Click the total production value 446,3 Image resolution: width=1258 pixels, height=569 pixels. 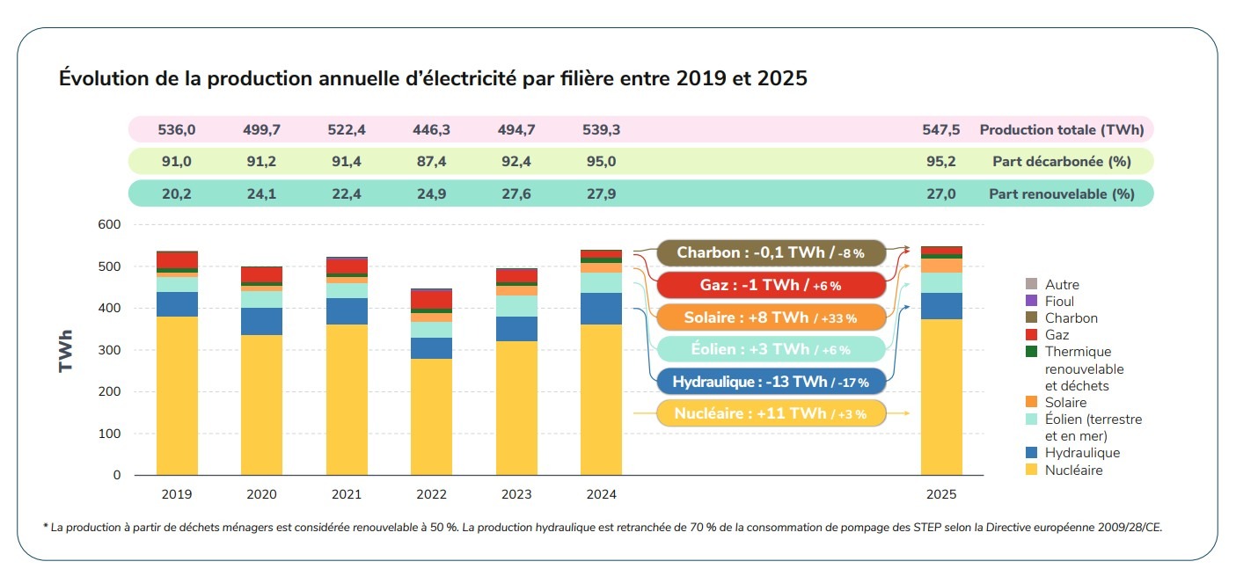coord(431,130)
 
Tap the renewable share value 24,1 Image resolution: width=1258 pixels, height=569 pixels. coord(261,193)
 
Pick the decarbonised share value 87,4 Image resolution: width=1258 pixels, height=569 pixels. coord(431,162)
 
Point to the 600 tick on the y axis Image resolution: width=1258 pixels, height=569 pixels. coord(109,224)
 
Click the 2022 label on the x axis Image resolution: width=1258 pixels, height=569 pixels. coord(431,494)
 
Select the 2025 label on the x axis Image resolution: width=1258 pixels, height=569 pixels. coord(941,494)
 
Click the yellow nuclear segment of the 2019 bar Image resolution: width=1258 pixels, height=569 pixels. coord(177,396)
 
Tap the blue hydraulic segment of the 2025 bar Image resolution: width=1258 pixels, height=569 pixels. coord(941,306)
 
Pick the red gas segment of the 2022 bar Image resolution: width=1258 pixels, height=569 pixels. coord(431,299)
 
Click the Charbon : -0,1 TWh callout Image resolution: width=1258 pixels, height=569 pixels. coord(771,252)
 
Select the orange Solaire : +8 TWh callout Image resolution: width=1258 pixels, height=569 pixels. coord(771,317)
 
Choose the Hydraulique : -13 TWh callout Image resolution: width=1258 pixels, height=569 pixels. coord(771,382)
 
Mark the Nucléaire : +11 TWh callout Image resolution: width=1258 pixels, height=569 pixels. coord(771,413)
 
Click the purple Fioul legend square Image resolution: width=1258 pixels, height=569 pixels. coord(1031,302)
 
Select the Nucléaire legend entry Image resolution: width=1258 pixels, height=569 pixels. coord(1073,471)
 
